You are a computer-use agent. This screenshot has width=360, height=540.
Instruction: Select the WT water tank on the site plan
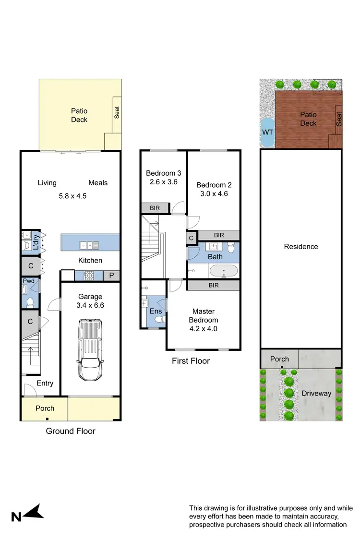click(x=266, y=132)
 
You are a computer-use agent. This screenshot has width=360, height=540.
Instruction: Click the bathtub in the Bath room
click(x=223, y=272)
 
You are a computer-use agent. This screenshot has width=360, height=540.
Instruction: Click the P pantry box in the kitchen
click(x=111, y=276)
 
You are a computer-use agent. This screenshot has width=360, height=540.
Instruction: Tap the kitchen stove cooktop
click(x=89, y=276)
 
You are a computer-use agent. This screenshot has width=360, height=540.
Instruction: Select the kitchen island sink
click(x=89, y=245)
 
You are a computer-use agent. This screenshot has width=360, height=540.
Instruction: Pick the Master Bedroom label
click(x=205, y=315)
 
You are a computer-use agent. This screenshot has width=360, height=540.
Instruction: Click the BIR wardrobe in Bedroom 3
click(x=155, y=208)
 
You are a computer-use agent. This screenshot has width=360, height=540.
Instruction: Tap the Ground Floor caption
click(x=71, y=431)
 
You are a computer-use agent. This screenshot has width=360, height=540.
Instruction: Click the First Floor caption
click(x=191, y=361)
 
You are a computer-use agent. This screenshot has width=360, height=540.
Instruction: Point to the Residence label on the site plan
click(x=301, y=247)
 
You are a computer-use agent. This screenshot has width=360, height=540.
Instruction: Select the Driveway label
click(x=316, y=393)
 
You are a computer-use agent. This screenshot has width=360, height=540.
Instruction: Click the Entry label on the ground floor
click(x=44, y=383)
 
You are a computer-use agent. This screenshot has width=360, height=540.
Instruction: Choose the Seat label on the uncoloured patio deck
click(x=117, y=112)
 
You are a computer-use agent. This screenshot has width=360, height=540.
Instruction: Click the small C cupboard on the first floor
click(x=191, y=238)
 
